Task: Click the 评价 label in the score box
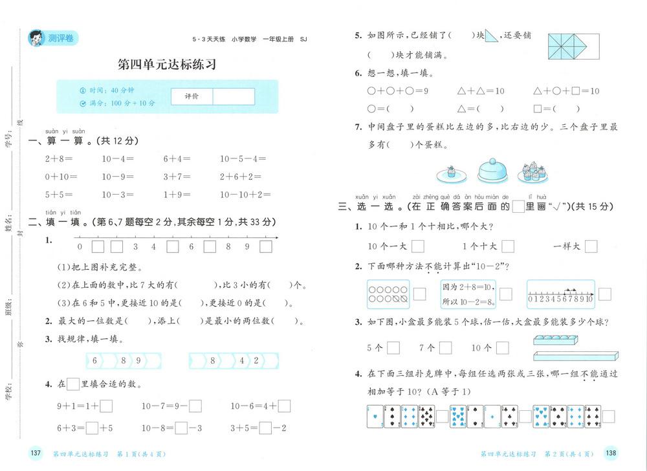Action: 192,96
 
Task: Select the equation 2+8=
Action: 59,158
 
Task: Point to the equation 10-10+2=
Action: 241,194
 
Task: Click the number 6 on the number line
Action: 192,246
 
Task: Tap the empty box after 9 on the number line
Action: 266,246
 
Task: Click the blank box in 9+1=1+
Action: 107,406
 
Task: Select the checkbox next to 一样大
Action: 591,246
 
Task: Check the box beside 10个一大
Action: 418,246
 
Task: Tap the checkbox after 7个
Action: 446,347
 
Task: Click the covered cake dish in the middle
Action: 496,171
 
